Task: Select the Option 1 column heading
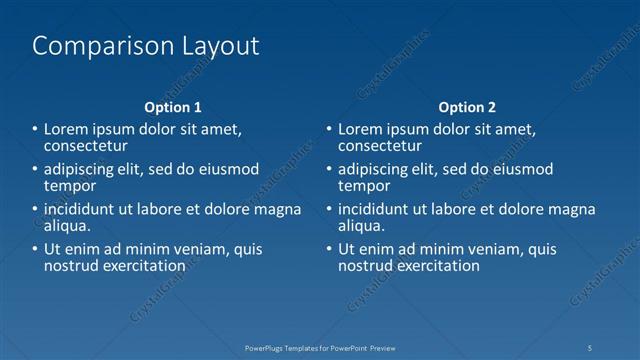(x=173, y=107)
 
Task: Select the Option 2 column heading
(x=467, y=107)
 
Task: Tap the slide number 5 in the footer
(x=590, y=348)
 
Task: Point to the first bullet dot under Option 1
(x=35, y=129)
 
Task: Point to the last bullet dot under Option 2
(x=329, y=249)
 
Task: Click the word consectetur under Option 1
(x=85, y=145)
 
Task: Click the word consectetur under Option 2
(x=379, y=145)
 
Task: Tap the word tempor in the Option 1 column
(x=70, y=185)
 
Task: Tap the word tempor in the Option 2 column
(x=364, y=185)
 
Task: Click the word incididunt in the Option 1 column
(x=83, y=209)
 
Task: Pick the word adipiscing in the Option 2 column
(x=377, y=169)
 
